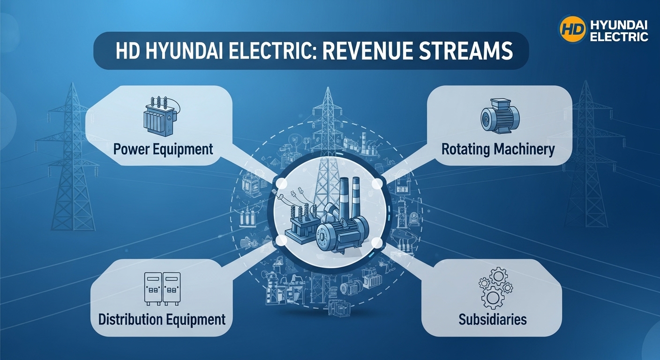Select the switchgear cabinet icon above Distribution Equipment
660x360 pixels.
(161, 289)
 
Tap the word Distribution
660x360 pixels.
(130, 320)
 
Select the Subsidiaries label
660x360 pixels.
(493, 320)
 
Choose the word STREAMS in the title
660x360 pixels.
(472, 52)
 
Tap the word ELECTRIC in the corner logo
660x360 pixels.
(619, 37)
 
